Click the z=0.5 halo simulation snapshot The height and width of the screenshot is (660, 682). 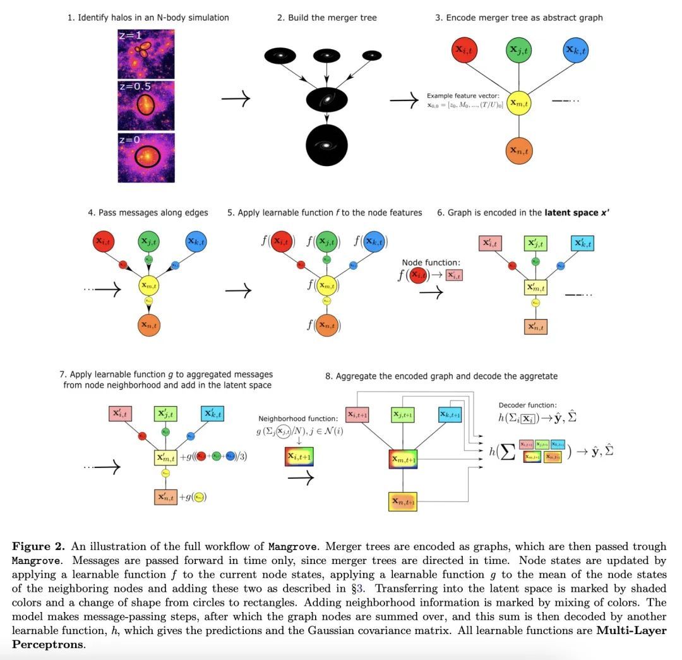point(146,105)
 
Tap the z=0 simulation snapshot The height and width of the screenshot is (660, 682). point(146,157)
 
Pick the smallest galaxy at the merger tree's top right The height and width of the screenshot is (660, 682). point(372,56)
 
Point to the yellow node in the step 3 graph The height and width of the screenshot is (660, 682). point(518,102)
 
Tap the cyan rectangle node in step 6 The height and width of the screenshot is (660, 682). point(582,243)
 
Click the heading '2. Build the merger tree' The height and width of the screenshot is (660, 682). point(326,18)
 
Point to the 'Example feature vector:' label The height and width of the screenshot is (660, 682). point(464,95)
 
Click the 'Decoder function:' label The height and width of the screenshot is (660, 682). point(528,405)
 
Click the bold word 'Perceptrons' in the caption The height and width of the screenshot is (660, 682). point(47,645)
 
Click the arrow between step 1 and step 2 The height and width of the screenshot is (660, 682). point(237,99)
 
